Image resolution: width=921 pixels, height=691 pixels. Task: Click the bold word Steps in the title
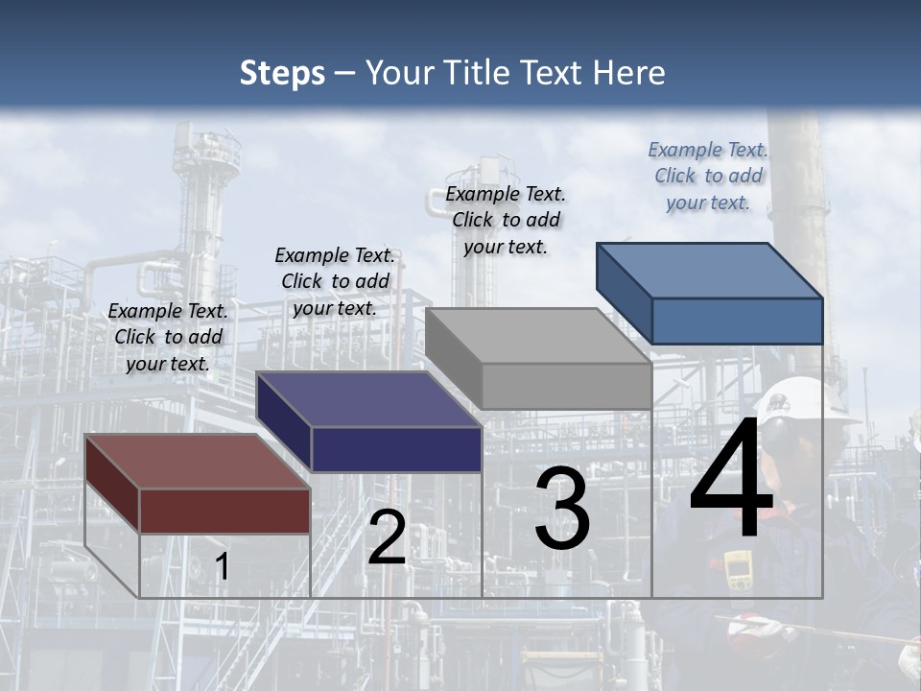[282, 73]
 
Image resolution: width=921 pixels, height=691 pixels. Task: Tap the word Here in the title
[628, 73]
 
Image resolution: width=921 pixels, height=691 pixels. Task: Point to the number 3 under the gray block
[562, 509]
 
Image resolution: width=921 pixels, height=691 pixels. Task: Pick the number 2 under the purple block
[387, 538]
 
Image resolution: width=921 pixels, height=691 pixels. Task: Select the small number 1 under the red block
[222, 567]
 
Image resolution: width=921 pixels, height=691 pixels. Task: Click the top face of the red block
[197, 462]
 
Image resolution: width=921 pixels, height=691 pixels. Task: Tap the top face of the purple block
[367, 399]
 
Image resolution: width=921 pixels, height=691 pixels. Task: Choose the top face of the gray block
[537, 336]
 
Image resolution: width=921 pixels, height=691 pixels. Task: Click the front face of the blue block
[737, 321]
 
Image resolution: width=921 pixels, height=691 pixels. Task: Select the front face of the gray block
[566, 386]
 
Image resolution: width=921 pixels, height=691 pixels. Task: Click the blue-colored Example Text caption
[708, 176]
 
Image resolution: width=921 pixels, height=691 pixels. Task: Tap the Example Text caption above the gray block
[506, 220]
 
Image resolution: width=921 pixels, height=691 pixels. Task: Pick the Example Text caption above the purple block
[335, 281]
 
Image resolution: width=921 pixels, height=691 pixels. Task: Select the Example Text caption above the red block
[168, 337]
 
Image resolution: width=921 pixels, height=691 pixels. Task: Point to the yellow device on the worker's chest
[738, 570]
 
